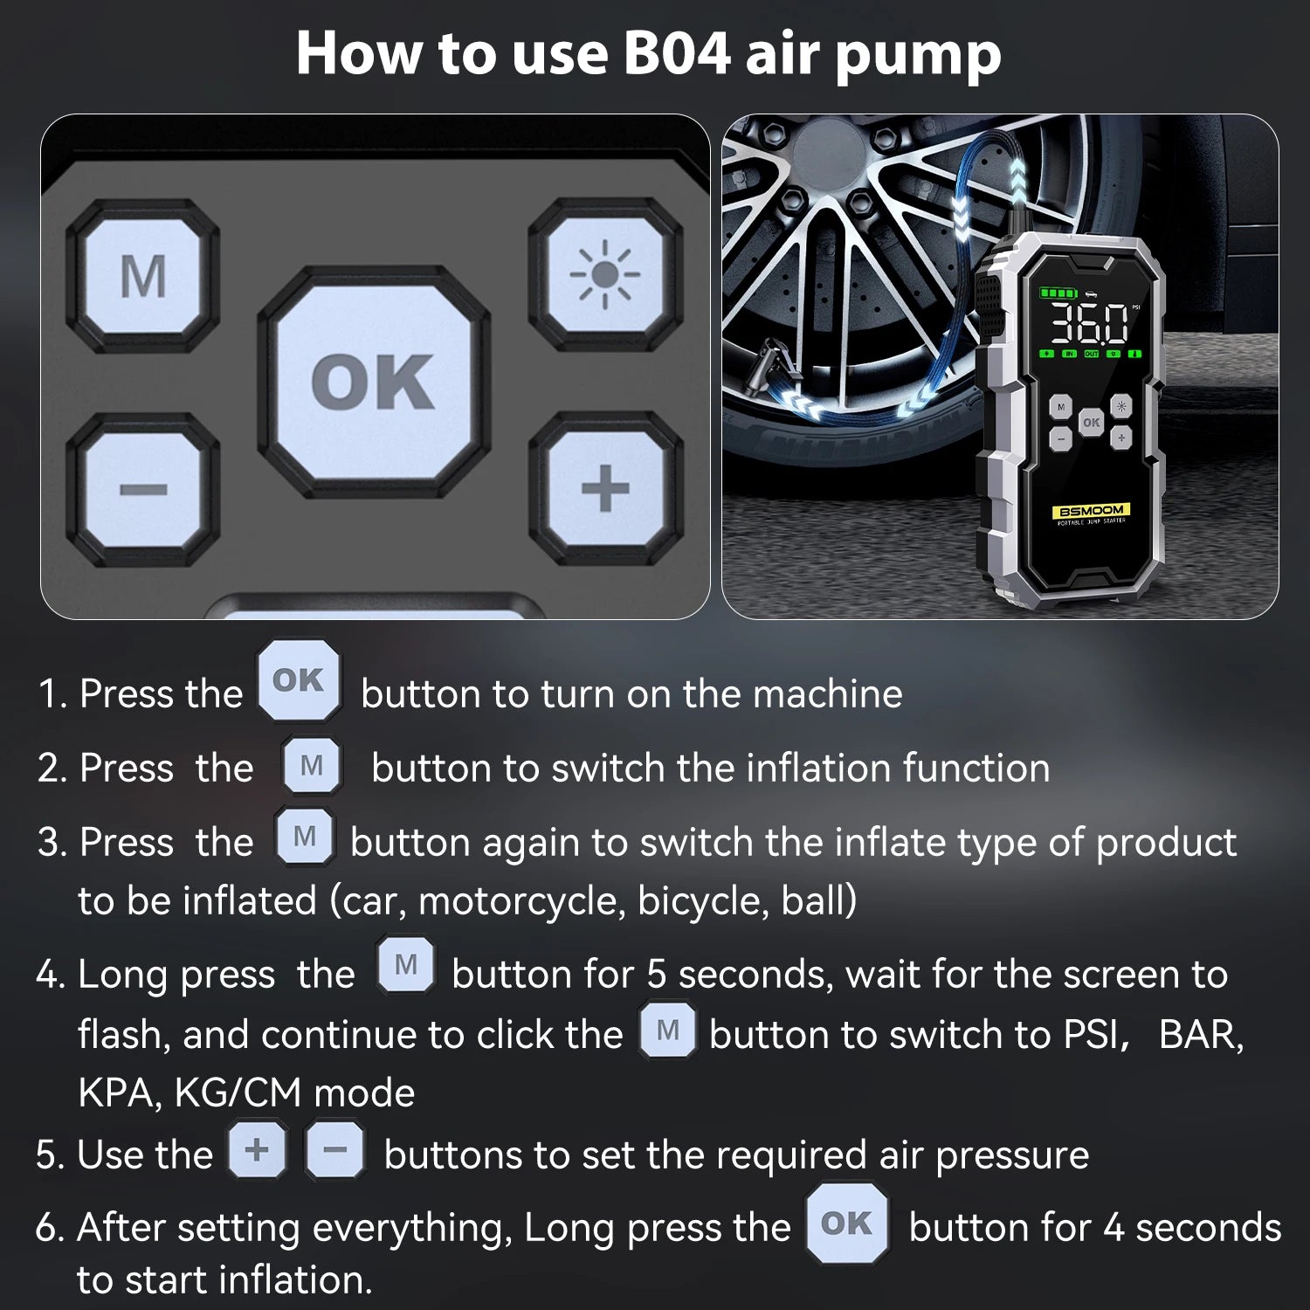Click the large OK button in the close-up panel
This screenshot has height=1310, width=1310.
coord(373,383)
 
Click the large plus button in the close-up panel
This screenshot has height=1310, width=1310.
coord(604,488)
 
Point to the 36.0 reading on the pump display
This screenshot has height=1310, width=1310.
coord(1088,324)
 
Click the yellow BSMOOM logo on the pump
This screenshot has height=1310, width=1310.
coord(1091,510)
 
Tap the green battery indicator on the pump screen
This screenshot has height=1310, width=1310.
coord(1057,293)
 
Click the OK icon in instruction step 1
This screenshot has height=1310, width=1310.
coord(299,680)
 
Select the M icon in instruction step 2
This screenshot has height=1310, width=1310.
coord(312,766)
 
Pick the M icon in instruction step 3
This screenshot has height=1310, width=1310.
coord(305,837)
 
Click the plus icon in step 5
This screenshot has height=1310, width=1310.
coord(257,1149)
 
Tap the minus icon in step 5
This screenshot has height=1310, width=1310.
coord(334,1150)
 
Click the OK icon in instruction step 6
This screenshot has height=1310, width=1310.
coord(846,1224)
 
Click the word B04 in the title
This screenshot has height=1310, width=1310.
coord(677,54)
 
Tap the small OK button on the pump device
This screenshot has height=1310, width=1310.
coord(1091,422)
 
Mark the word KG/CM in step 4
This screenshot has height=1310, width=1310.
coord(238,1093)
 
